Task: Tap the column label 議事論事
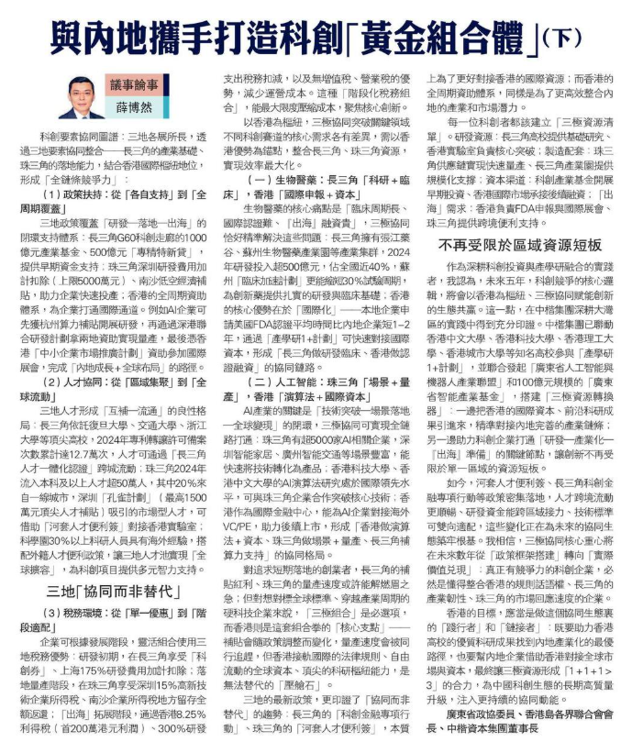(137, 84)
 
